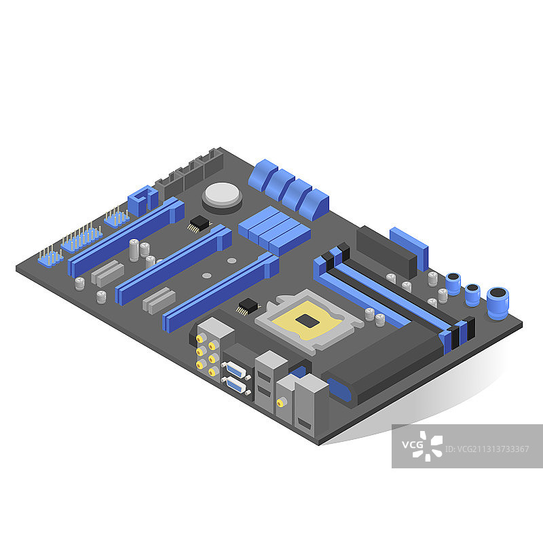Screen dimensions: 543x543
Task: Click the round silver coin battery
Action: pos(223,194)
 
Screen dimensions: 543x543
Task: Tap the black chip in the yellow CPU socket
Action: pos(307,320)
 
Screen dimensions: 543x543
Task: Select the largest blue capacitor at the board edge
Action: pos(498,303)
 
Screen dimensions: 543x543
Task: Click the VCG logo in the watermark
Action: pos(422,446)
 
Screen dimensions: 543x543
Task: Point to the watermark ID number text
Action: pos(487,449)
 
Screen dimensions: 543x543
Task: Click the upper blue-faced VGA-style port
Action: pos(236,370)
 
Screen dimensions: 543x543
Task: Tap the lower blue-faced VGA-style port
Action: pos(236,385)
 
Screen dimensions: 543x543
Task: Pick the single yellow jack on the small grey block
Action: pos(280,402)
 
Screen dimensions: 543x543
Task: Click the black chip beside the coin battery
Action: pos(199,223)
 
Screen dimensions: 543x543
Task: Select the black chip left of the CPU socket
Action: pos(248,306)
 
